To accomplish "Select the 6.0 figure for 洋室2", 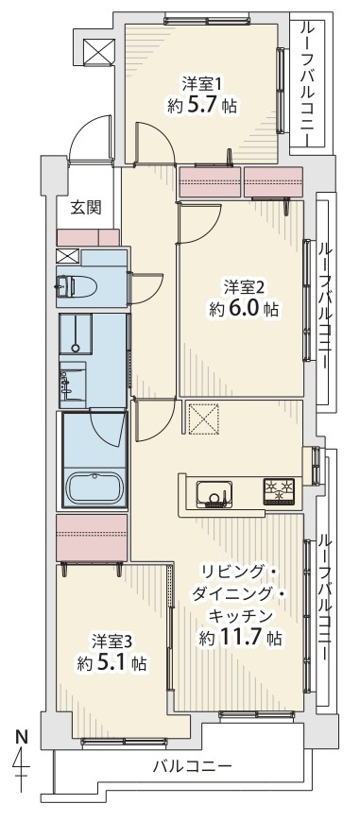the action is coord(243,308).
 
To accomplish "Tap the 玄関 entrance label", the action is coord(86,208).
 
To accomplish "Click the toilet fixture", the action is coord(78,285).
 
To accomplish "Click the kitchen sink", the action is coord(214,494).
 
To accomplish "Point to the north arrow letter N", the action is coord(22,737).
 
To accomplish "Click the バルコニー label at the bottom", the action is coord(193,767).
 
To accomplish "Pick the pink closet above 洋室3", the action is coord(92,538).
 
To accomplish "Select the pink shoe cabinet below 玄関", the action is coord(88,238).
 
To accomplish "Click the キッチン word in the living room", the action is coord(240,615).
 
